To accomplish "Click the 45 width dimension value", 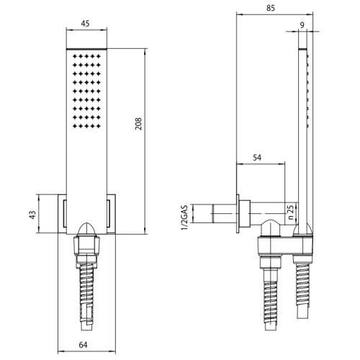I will pyautogui.click(x=85, y=24).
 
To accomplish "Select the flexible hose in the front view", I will pyautogui.click(x=86, y=288).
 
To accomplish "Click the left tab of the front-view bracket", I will pyautogui.click(x=61, y=215).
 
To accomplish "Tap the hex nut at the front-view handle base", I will pyautogui.click(x=86, y=248).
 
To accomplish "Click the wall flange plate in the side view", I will pyautogui.click(x=237, y=215).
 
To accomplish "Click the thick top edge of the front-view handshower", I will pyautogui.click(x=86, y=49).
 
